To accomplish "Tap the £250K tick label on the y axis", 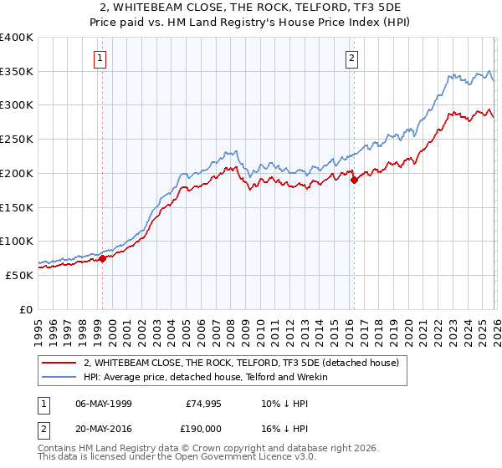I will coord(16,140).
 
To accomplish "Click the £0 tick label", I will coord(26,309).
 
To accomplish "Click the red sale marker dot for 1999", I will coord(102,258).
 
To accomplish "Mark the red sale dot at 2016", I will coord(354,179).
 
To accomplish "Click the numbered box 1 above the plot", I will coord(100,58).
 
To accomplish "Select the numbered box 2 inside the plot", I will coord(351,58).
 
